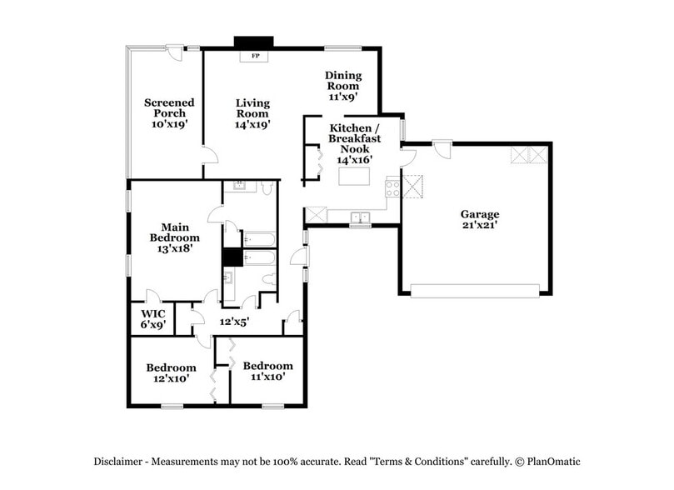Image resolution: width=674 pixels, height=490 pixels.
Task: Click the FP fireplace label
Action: [255, 57]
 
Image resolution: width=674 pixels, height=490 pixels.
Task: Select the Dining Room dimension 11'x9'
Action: [342, 97]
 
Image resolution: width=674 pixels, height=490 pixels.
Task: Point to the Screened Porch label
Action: [169, 112]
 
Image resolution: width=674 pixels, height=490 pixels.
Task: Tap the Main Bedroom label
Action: [175, 237]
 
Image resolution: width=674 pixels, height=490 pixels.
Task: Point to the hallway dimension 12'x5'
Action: [234, 321]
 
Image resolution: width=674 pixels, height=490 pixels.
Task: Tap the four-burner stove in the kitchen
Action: [392, 187]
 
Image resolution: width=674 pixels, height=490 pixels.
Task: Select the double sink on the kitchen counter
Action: [360, 217]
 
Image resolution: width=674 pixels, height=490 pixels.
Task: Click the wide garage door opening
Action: [475, 291]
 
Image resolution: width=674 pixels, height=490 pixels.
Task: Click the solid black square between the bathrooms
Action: [232, 257]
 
